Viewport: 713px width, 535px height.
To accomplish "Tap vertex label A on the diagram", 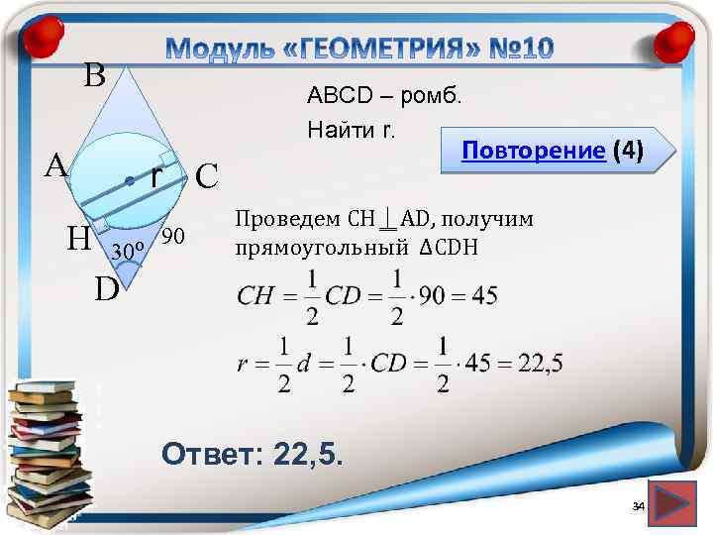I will pos(55,165).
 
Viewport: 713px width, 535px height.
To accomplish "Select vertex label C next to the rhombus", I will pos(206,176).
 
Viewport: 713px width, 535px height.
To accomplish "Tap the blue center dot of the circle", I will pos(129,180).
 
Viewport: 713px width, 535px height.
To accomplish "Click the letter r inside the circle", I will pos(156,175).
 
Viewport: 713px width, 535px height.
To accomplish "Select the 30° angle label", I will pos(129,249).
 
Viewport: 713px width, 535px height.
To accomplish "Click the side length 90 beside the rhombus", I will pos(172,236).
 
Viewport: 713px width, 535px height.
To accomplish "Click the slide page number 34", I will pos(638,507).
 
